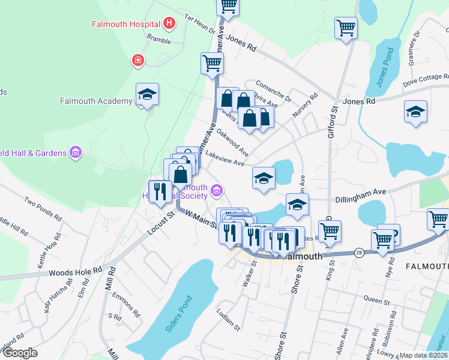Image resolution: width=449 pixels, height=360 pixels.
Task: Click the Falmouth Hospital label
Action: [x=125, y=25]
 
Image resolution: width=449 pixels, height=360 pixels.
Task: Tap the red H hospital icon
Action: [x=170, y=24]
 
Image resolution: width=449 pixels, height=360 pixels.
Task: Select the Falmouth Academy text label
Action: [x=96, y=101]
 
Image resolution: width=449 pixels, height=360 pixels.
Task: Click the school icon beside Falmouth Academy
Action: [x=147, y=94]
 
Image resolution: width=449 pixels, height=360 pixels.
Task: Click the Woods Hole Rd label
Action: [x=76, y=272]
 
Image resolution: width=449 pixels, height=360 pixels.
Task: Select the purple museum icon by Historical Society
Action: [x=217, y=192]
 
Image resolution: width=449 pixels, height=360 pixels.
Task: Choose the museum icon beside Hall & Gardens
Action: [x=75, y=153]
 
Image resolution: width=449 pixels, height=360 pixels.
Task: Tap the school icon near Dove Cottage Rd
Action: [x=415, y=112]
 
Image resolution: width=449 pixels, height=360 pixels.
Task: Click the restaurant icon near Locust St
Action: [x=159, y=191]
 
